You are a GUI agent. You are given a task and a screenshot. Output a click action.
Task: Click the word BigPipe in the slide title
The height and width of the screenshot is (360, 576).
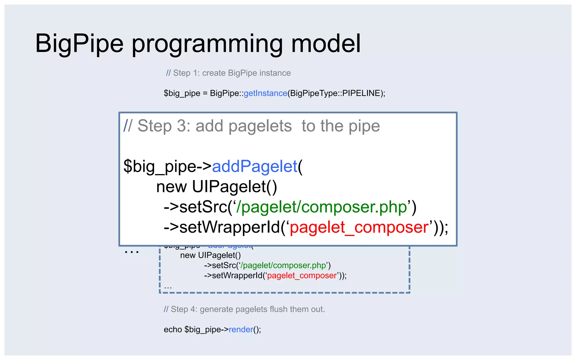(79, 44)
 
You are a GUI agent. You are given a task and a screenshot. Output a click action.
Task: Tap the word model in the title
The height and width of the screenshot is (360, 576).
(326, 44)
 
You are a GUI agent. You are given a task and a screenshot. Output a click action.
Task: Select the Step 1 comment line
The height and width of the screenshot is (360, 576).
(228, 73)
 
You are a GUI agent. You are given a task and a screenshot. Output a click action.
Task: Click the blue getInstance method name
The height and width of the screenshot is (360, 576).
(265, 93)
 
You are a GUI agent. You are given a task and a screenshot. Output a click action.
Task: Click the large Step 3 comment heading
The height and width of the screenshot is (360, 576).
(251, 126)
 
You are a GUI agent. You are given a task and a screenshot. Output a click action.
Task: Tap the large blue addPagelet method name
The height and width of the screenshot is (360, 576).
(254, 166)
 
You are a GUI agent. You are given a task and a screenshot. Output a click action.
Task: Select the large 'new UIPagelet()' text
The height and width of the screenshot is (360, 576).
(217, 187)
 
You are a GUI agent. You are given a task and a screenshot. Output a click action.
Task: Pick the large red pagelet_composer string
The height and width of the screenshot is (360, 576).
(359, 227)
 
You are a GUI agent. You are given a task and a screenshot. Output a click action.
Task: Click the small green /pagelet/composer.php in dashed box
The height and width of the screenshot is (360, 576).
(283, 265)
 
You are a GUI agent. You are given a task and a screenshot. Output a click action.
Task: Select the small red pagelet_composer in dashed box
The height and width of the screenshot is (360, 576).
(302, 276)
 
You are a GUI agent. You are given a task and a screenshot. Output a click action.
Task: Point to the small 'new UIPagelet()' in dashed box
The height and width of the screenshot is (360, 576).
(210, 255)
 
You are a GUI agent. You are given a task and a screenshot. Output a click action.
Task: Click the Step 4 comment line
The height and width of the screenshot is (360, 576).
(244, 309)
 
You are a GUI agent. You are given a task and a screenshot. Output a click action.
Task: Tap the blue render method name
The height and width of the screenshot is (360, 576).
(241, 330)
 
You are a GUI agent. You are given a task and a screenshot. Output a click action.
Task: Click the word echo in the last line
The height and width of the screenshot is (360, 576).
(173, 330)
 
